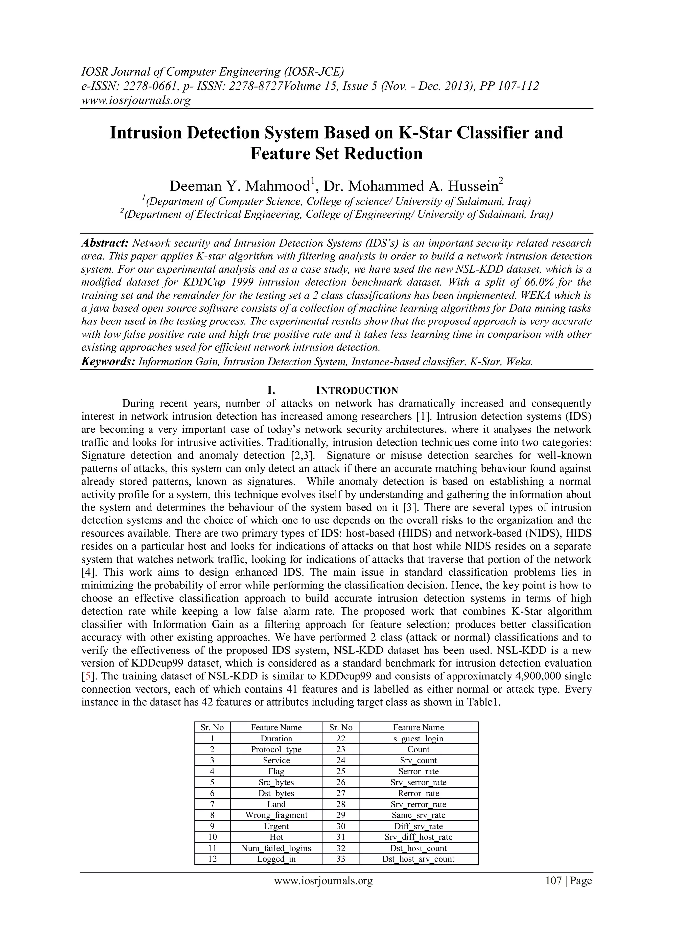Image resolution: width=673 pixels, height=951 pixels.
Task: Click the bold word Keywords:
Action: pos(108,362)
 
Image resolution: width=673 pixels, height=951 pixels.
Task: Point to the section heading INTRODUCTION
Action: pos(357,390)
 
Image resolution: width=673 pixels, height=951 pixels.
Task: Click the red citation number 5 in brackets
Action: pos(87,676)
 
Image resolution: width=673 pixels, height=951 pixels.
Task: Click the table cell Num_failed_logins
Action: pos(276,848)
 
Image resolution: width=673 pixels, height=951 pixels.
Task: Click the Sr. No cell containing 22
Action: pos(341,739)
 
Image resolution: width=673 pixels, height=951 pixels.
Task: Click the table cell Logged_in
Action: pos(276,859)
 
